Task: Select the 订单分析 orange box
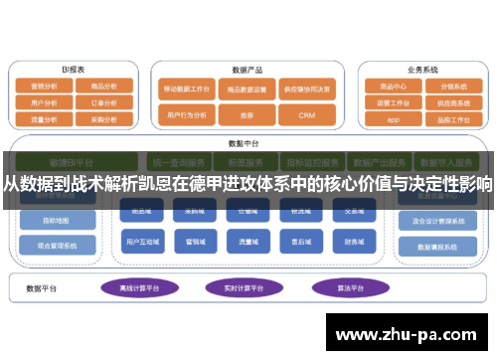click(103, 101)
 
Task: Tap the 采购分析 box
click(103, 117)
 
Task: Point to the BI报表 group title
click(73, 70)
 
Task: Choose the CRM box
click(306, 115)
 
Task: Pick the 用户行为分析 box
click(185, 115)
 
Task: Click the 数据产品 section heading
click(246, 71)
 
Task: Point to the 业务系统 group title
click(422, 70)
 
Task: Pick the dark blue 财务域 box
click(353, 241)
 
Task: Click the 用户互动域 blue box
click(139, 241)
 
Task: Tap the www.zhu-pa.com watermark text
click(409, 332)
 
